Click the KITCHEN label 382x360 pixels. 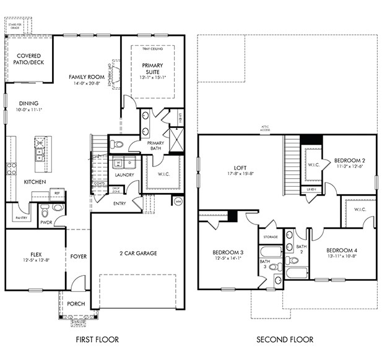click(35, 182)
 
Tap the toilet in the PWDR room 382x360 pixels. click(58, 208)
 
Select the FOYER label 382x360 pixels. click(78, 256)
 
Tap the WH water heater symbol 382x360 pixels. click(178, 201)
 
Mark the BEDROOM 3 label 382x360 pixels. click(228, 252)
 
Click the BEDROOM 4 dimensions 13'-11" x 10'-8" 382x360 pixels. click(342, 256)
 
